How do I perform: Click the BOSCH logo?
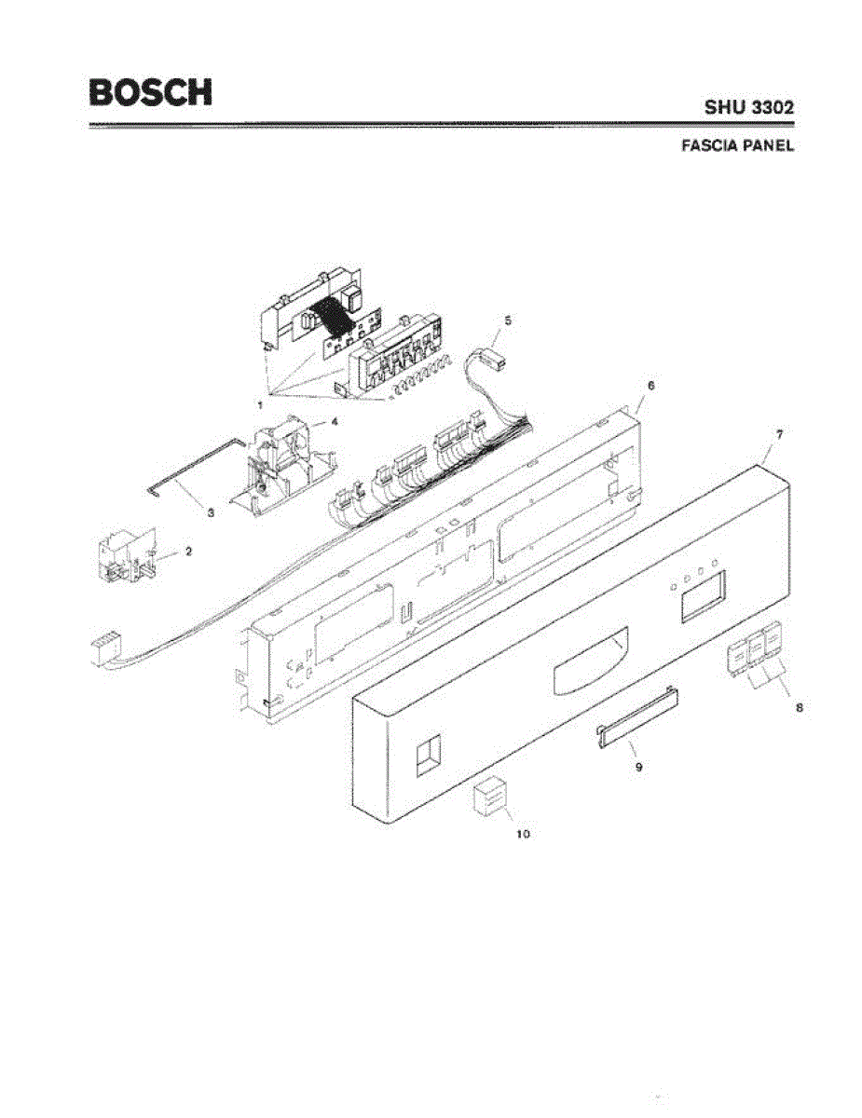coord(150,91)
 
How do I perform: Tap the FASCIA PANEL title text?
coord(738,146)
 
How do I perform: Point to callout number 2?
coord(188,551)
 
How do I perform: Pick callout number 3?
coord(211,512)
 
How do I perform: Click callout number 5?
coord(508,320)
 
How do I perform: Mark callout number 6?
coord(650,385)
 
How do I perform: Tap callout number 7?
coord(779,434)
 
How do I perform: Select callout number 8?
coord(799,707)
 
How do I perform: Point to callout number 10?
coord(523,834)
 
